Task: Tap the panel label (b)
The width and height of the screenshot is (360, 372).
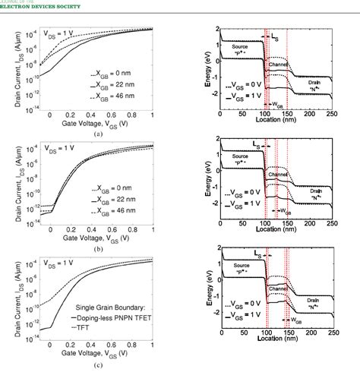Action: tap(97, 249)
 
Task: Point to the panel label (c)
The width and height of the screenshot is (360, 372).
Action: tap(97, 364)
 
